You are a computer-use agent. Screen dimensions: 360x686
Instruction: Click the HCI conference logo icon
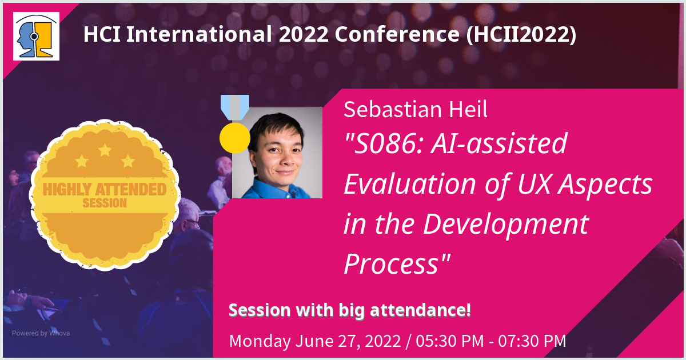(37, 36)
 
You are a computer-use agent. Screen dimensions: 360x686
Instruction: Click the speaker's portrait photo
(277, 153)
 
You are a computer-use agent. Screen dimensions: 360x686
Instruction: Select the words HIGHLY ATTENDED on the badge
(101, 189)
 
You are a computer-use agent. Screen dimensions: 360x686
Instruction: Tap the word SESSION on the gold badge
(101, 203)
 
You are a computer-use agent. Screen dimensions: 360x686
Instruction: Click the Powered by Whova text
(41, 333)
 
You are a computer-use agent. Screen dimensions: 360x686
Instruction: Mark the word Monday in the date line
(260, 341)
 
